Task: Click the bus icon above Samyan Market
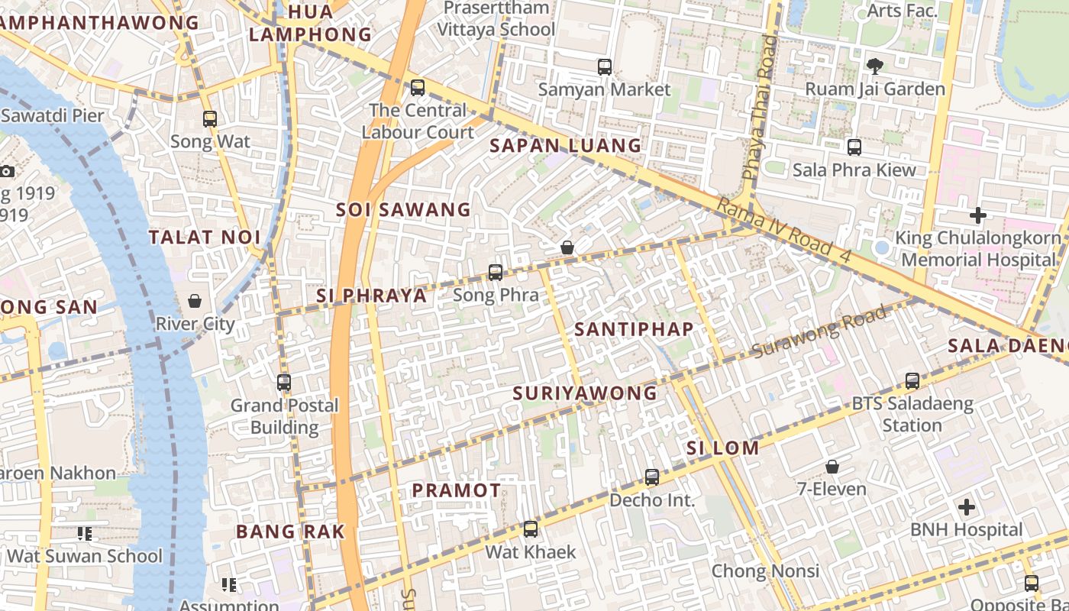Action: coord(605,67)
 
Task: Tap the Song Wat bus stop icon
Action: coord(210,119)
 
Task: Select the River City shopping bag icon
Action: coord(195,301)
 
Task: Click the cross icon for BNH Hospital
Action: coord(967,507)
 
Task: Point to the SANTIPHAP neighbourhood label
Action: coord(634,330)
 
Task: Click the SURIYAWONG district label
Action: coord(585,393)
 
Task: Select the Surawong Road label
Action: coord(820,332)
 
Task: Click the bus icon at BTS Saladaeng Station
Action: coord(912,381)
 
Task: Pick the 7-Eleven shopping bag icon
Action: coord(832,466)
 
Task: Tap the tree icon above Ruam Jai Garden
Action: coord(875,66)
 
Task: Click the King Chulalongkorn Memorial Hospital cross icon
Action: coord(978,215)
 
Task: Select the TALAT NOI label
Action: coord(205,238)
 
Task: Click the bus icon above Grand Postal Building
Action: coord(284,383)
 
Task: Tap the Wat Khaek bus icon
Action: coord(531,529)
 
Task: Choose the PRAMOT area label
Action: coord(457,491)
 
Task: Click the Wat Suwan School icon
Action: coord(85,534)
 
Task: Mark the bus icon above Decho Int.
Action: coord(652,477)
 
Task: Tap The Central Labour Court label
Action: coord(418,121)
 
